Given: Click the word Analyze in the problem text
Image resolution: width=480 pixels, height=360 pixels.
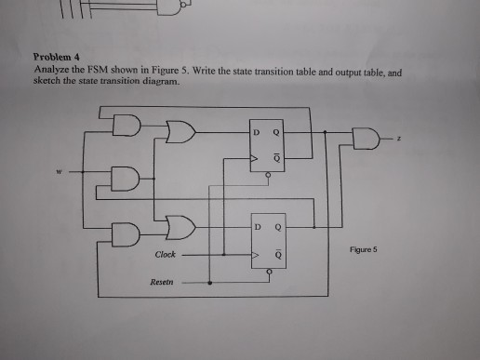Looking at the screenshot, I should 49,69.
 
